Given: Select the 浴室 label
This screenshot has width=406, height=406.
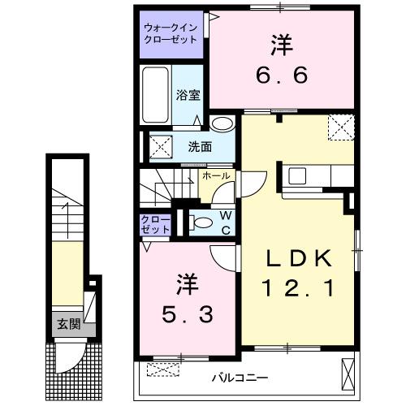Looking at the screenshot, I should (188, 94).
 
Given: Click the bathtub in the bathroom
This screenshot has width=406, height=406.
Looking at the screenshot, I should (155, 95).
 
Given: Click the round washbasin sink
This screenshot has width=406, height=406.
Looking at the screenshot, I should (221, 124).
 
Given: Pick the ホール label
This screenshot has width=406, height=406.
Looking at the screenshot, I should (214, 175).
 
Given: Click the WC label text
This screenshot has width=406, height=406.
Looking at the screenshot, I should (226, 222).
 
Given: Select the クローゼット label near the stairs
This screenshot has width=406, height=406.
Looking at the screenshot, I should (154, 224).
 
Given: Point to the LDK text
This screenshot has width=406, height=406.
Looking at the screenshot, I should (298, 260).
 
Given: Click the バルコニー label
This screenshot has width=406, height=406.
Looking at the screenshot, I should (240, 377).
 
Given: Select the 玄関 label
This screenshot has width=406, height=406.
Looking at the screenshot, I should (67, 325).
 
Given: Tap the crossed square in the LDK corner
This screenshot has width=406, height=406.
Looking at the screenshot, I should (339, 126).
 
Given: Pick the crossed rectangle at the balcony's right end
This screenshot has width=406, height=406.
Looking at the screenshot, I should (349, 373).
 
